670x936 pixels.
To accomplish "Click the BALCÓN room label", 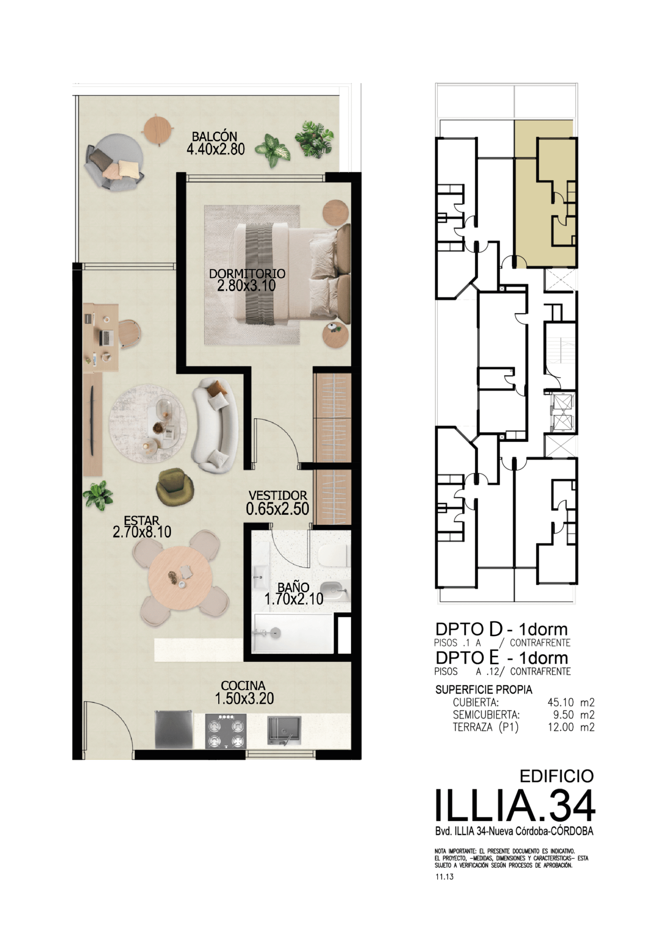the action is (215, 136).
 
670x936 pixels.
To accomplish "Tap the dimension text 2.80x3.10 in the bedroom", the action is (246, 286).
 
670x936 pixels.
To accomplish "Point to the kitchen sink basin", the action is (284, 731).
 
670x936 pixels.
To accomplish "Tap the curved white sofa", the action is (215, 426).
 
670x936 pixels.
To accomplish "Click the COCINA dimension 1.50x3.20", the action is (244, 698).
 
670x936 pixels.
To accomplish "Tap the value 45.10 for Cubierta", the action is (561, 702).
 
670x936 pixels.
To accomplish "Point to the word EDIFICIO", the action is (557, 776).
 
